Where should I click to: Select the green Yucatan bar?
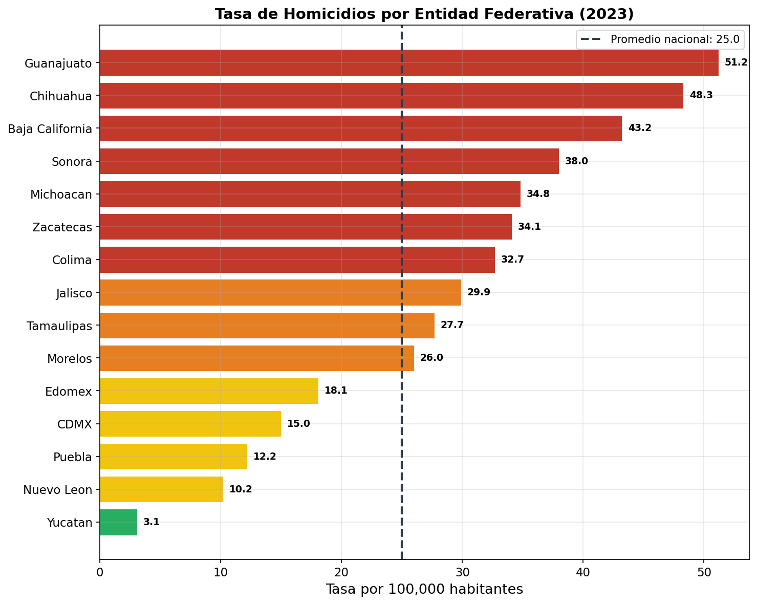[118, 522]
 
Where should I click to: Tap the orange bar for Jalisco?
[280, 292]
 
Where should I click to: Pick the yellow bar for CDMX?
[190, 424]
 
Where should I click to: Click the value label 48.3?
[701, 96]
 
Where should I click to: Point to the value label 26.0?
[431, 358]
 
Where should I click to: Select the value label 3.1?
[151, 522]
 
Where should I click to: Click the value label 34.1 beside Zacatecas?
[529, 227]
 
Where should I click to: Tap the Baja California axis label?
[50, 129]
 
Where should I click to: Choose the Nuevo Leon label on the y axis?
[57, 490]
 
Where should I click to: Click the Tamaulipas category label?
[59, 326]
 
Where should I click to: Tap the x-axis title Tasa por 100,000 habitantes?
[424, 590]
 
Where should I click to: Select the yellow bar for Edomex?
[209, 391]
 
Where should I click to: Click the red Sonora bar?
[329, 161]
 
